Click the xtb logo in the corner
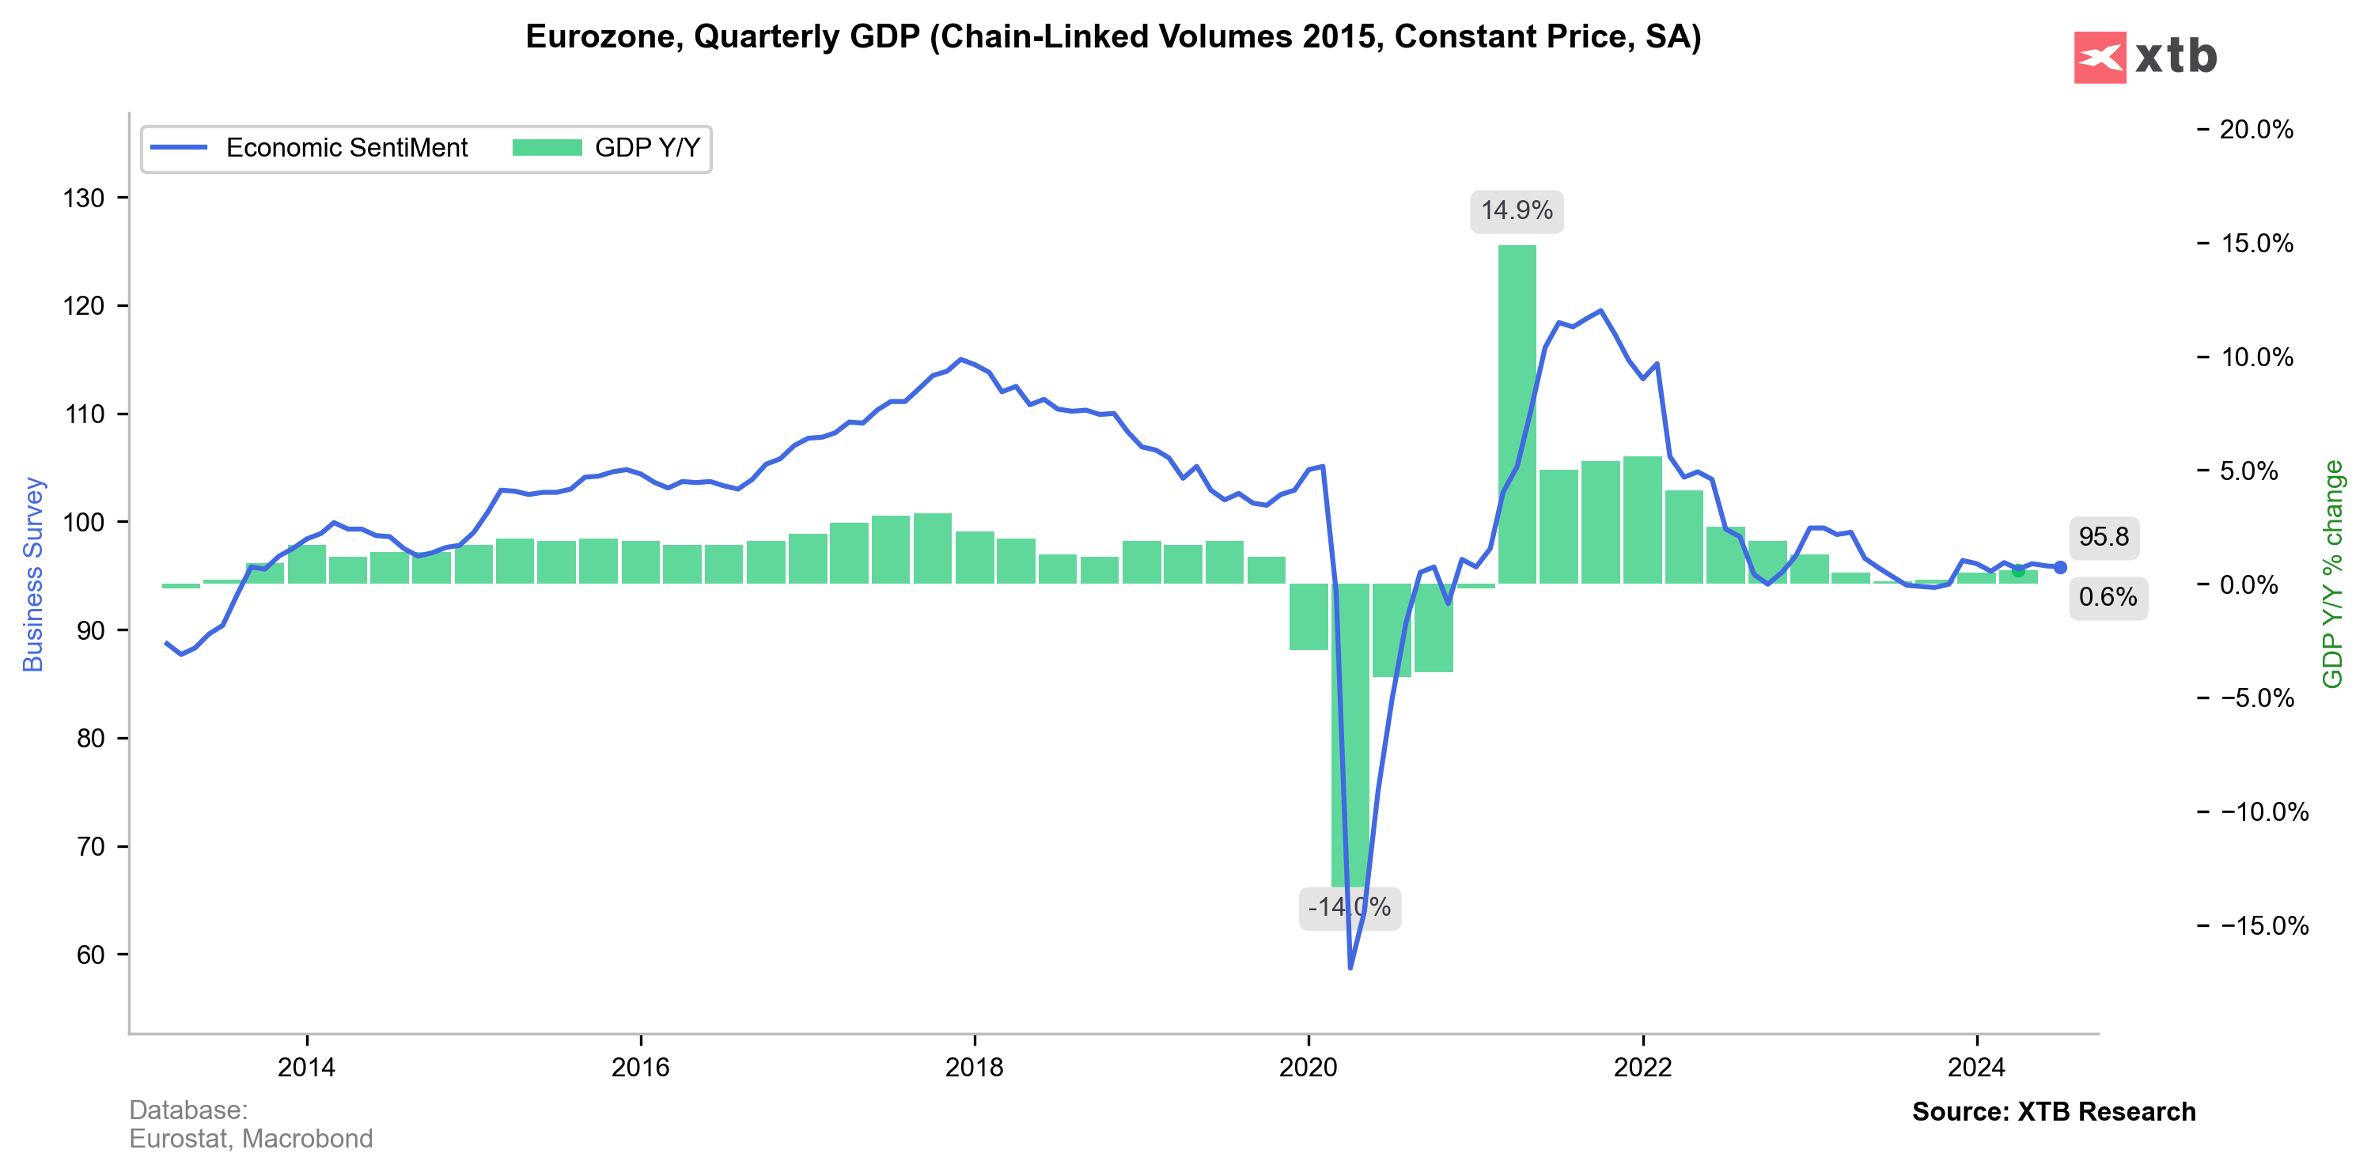(2145, 57)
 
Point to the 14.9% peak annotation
(1516, 210)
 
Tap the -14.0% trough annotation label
(1350, 907)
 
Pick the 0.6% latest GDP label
(2108, 597)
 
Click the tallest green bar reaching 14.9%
(1517, 414)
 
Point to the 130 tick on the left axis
(84, 198)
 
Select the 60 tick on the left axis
(90, 955)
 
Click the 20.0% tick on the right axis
(2255, 130)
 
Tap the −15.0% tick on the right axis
(2263, 926)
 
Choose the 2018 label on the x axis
(975, 1068)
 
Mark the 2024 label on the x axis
(1976, 1068)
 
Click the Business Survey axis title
(33, 574)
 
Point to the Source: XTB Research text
(2054, 1112)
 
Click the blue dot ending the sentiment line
(2060, 568)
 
